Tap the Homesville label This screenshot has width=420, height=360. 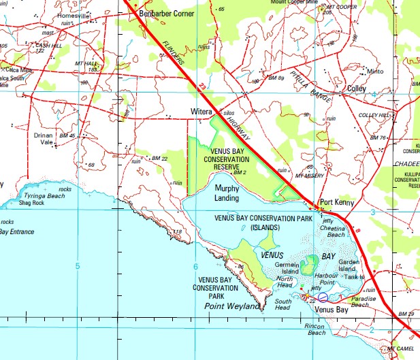[x=74, y=16]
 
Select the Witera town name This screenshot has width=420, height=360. [x=201, y=112]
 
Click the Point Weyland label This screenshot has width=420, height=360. [x=232, y=307]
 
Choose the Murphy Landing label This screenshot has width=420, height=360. [x=227, y=193]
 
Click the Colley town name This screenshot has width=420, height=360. [x=356, y=88]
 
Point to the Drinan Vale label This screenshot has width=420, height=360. [x=44, y=139]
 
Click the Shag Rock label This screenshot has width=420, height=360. [x=31, y=202]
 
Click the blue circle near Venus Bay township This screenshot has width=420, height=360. [x=323, y=297]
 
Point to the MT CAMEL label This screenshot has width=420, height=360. [x=400, y=349]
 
